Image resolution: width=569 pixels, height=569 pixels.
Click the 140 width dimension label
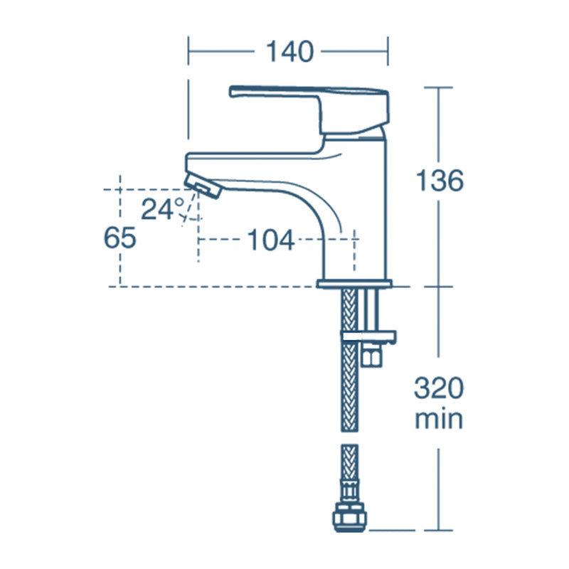(x=289, y=51)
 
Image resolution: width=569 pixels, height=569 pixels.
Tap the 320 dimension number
(x=440, y=389)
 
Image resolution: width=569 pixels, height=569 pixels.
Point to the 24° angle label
(x=163, y=209)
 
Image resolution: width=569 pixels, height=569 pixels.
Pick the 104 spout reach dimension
(x=271, y=240)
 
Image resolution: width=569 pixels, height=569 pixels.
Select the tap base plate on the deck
(x=353, y=284)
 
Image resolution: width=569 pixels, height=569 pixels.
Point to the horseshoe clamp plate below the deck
(x=369, y=334)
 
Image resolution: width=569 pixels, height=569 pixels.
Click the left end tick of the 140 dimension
(x=188, y=52)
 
